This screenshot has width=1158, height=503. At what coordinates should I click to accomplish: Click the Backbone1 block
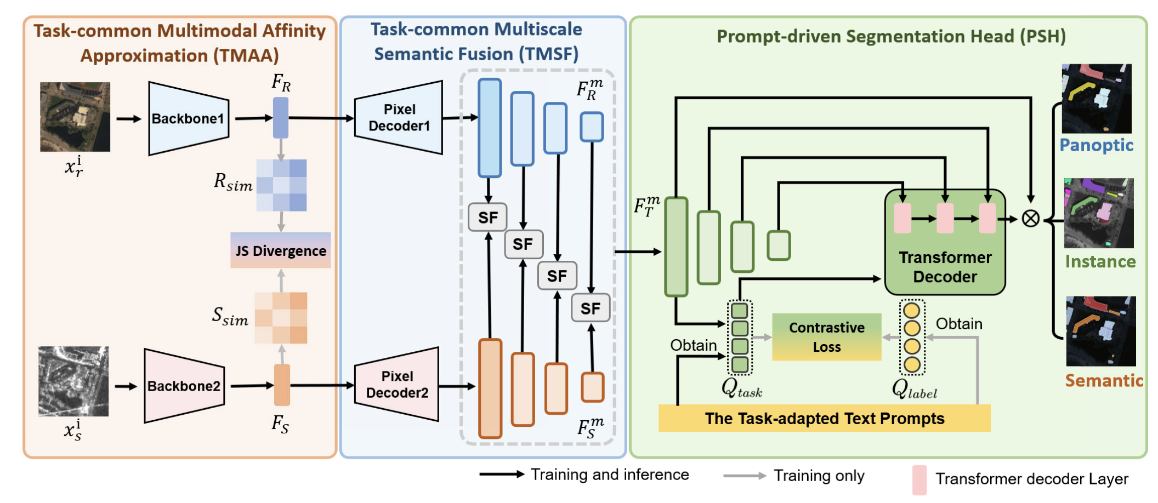(188, 118)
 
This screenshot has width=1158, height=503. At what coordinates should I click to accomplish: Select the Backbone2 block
(184, 386)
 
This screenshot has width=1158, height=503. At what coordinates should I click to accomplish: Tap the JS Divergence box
(281, 250)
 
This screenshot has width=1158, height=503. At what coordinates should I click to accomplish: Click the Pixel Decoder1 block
(399, 118)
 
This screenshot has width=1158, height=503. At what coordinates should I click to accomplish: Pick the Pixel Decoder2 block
(397, 385)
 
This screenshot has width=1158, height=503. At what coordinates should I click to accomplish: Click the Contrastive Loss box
(826, 337)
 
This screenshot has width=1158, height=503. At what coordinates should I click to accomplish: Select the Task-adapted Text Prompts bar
(824, 419)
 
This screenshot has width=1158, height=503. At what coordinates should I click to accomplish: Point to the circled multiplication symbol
(1030, 219)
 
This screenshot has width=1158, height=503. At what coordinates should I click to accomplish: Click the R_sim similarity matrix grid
(281, 185)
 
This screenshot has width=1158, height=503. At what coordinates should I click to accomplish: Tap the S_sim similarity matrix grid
(281, 318)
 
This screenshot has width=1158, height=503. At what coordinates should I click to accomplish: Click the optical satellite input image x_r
(75, 117)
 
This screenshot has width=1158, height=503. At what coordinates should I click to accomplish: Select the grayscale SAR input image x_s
(73, 381)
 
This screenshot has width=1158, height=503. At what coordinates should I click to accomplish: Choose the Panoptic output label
(1096, 145)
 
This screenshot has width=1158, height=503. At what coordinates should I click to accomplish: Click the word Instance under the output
(1100, 262)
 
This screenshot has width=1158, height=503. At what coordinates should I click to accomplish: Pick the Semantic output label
(1104, 380)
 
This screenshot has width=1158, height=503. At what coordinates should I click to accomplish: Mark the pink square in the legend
(919, 479)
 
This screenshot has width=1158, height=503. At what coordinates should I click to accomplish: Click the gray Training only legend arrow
(744, 476)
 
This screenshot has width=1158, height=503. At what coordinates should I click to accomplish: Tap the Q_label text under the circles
(914, 389)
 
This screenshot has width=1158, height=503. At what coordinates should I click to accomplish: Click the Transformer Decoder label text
(945, 267)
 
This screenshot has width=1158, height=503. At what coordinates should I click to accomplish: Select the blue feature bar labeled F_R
(281, 118)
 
